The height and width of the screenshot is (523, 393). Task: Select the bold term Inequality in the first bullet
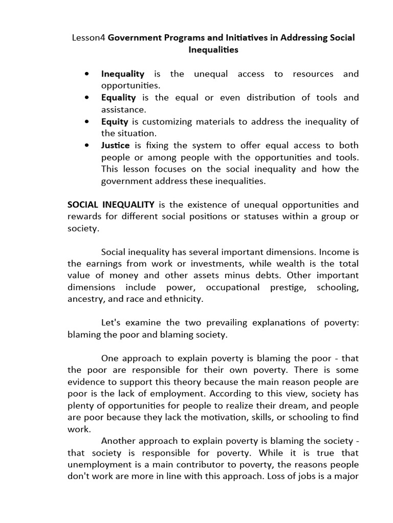tap(123, 74)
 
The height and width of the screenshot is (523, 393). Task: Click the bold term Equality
tap(118, 98)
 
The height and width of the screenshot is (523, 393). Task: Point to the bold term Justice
tap(115, 145)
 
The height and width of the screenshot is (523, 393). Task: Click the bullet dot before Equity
tap(89, 122)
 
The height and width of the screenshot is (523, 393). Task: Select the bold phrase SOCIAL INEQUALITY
tap(111, 205)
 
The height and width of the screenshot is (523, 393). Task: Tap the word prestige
tap(288, 288)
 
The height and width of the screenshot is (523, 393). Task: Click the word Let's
tap(113, 323)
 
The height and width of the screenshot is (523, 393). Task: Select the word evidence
tap(86, 382)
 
